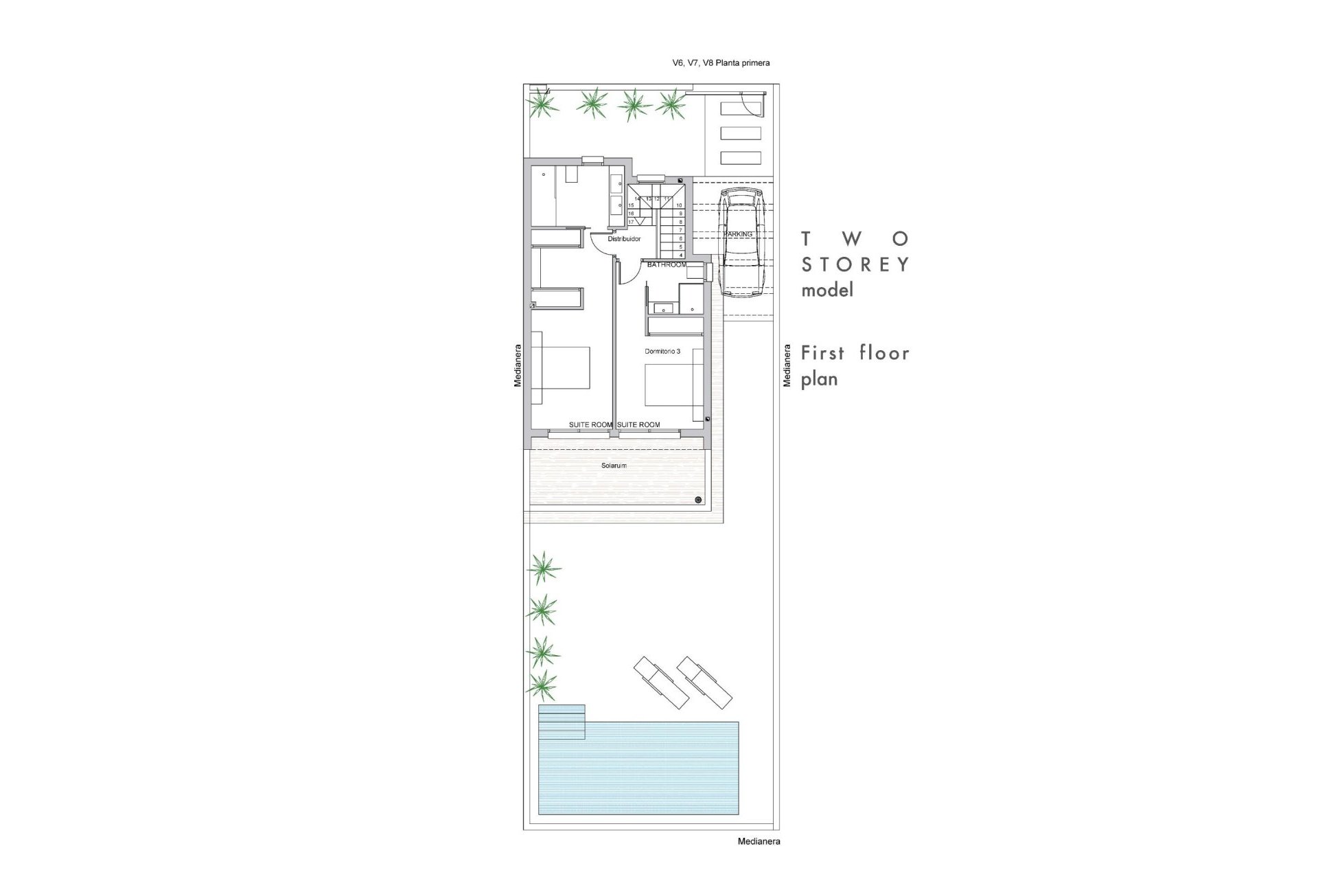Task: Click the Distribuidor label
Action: [x=624, y=239]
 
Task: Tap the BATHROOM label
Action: [x=667, y=265]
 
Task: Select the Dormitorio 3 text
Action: [x=662, y=351]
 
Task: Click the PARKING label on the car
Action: [x=738, y=234]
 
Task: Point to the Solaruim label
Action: [x=614, y=466]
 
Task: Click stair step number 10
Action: [x=680, y=205]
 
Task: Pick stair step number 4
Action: [x=680, y=255]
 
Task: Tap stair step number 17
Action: [x=631, y=222]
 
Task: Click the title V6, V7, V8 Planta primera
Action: [x=721, y=63]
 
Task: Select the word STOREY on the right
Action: [x=855, y=264]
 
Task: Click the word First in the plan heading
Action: [x=823, y=353]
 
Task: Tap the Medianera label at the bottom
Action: [x=759, y=841]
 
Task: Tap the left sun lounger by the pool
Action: [x=661, y=683]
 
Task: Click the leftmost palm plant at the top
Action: [x=542, y=104]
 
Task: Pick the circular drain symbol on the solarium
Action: [x=699, y=499]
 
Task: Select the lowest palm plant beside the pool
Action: [x=543, y=683]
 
